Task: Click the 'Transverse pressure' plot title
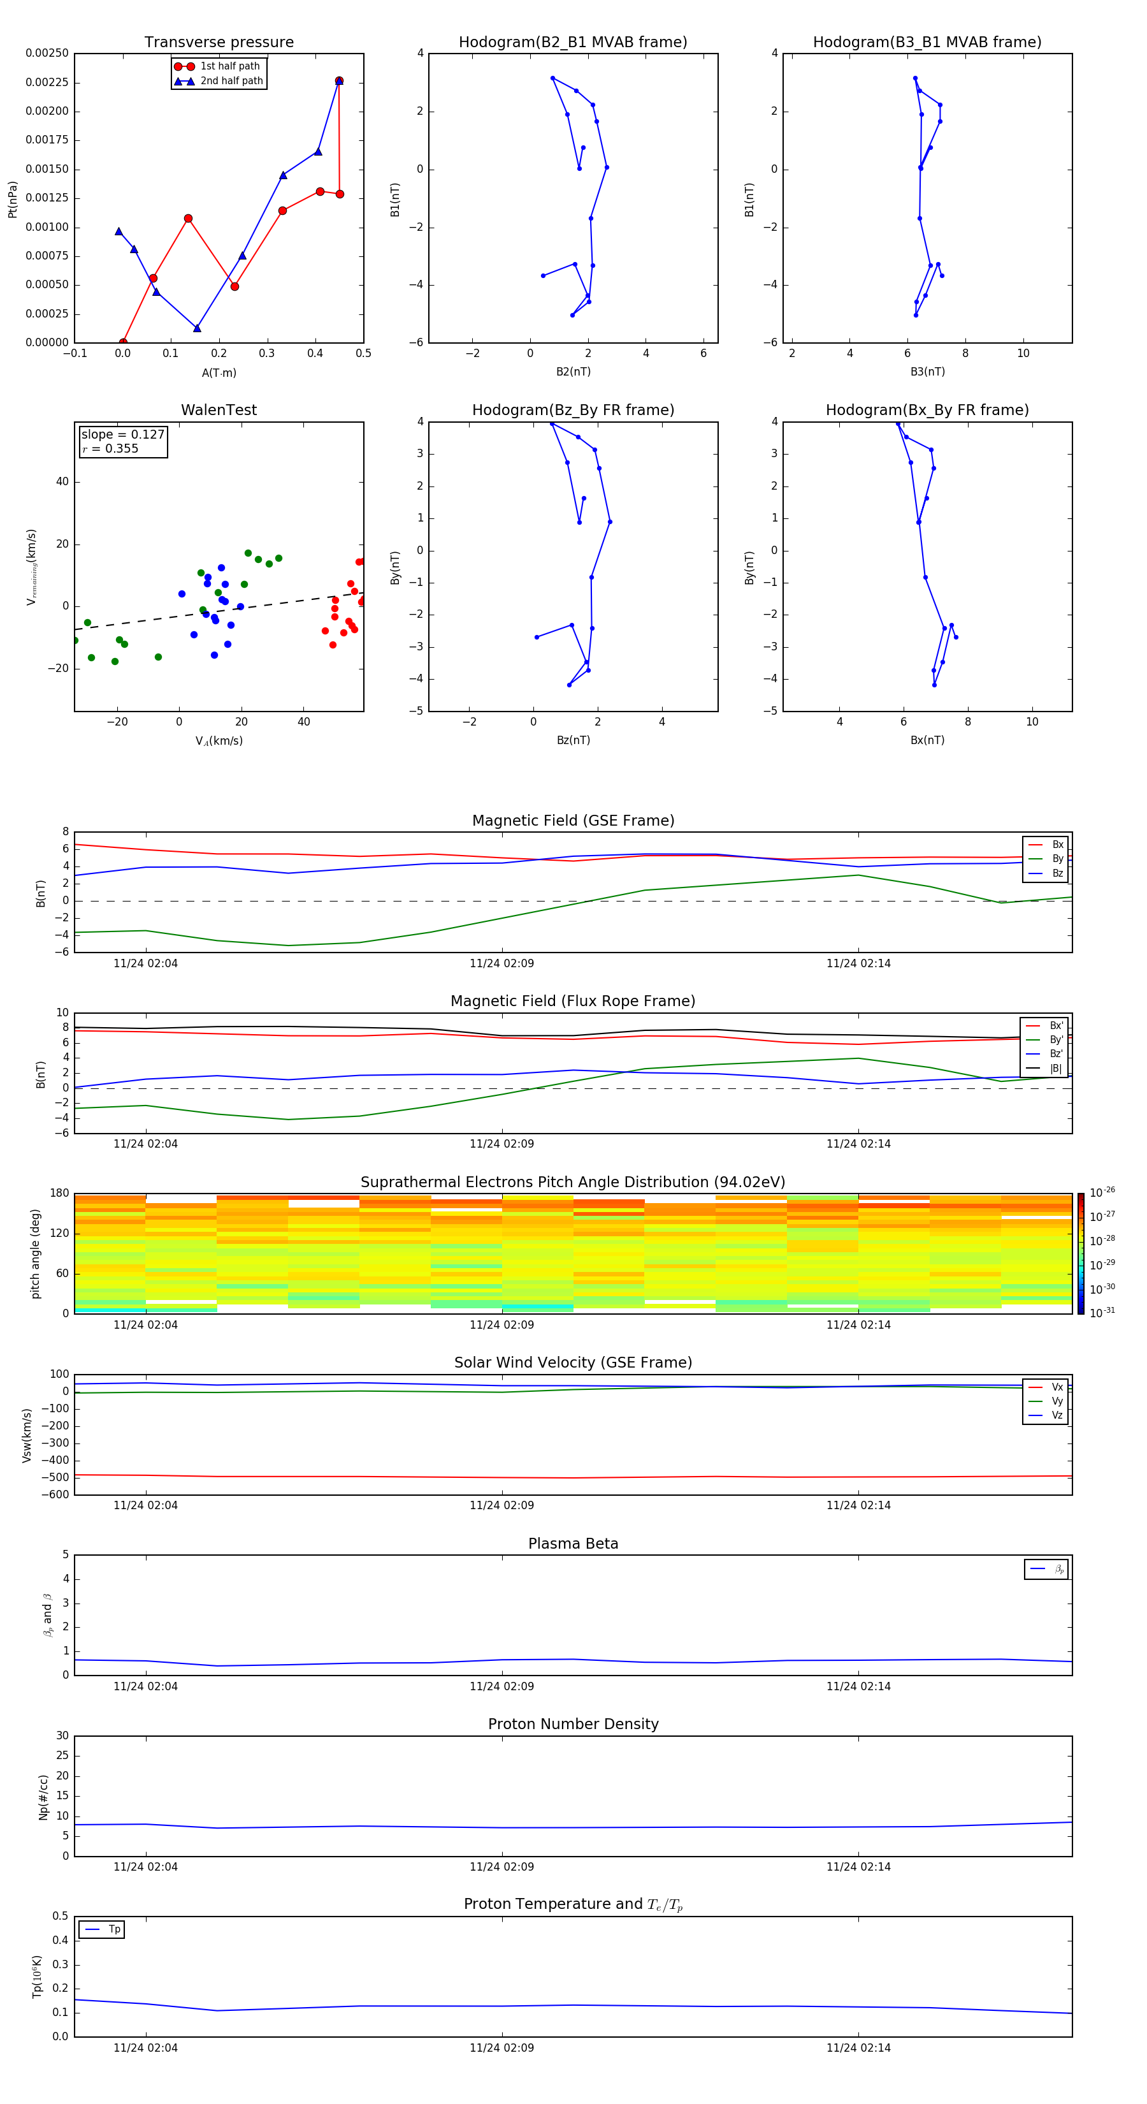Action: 219,43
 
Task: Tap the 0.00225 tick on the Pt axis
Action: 47,82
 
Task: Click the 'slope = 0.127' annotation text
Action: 122,435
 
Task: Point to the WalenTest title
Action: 219,410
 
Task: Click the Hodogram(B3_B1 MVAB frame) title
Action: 927,43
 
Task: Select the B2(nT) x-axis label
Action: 573,372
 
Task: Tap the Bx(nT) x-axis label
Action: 927,740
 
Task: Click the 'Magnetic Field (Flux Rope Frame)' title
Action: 573,1002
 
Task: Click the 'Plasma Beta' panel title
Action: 573,1544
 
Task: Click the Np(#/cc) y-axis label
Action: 44,1797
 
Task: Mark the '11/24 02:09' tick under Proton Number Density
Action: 501,1866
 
